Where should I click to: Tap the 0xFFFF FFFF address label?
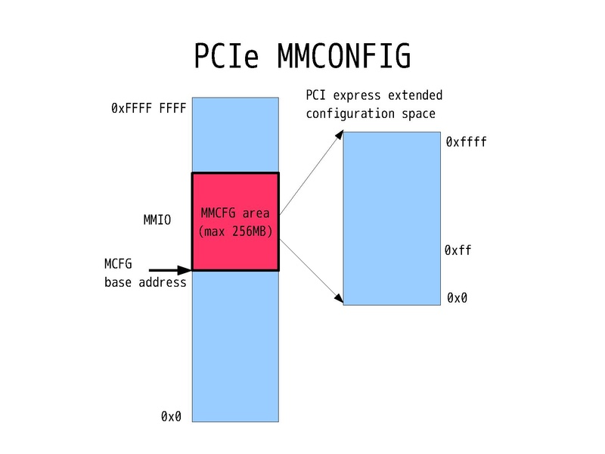[x=148, y=108]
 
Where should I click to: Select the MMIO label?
[x=157, y=220]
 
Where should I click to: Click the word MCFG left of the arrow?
[x=118, y=265]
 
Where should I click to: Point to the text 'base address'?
[x=145, y=282]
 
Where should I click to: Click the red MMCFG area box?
[x=235, y=250]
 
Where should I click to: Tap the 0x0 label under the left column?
[x=171, y=416]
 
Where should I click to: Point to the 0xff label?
[x=458, y=250]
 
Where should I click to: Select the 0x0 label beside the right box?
[x=457, y=298]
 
